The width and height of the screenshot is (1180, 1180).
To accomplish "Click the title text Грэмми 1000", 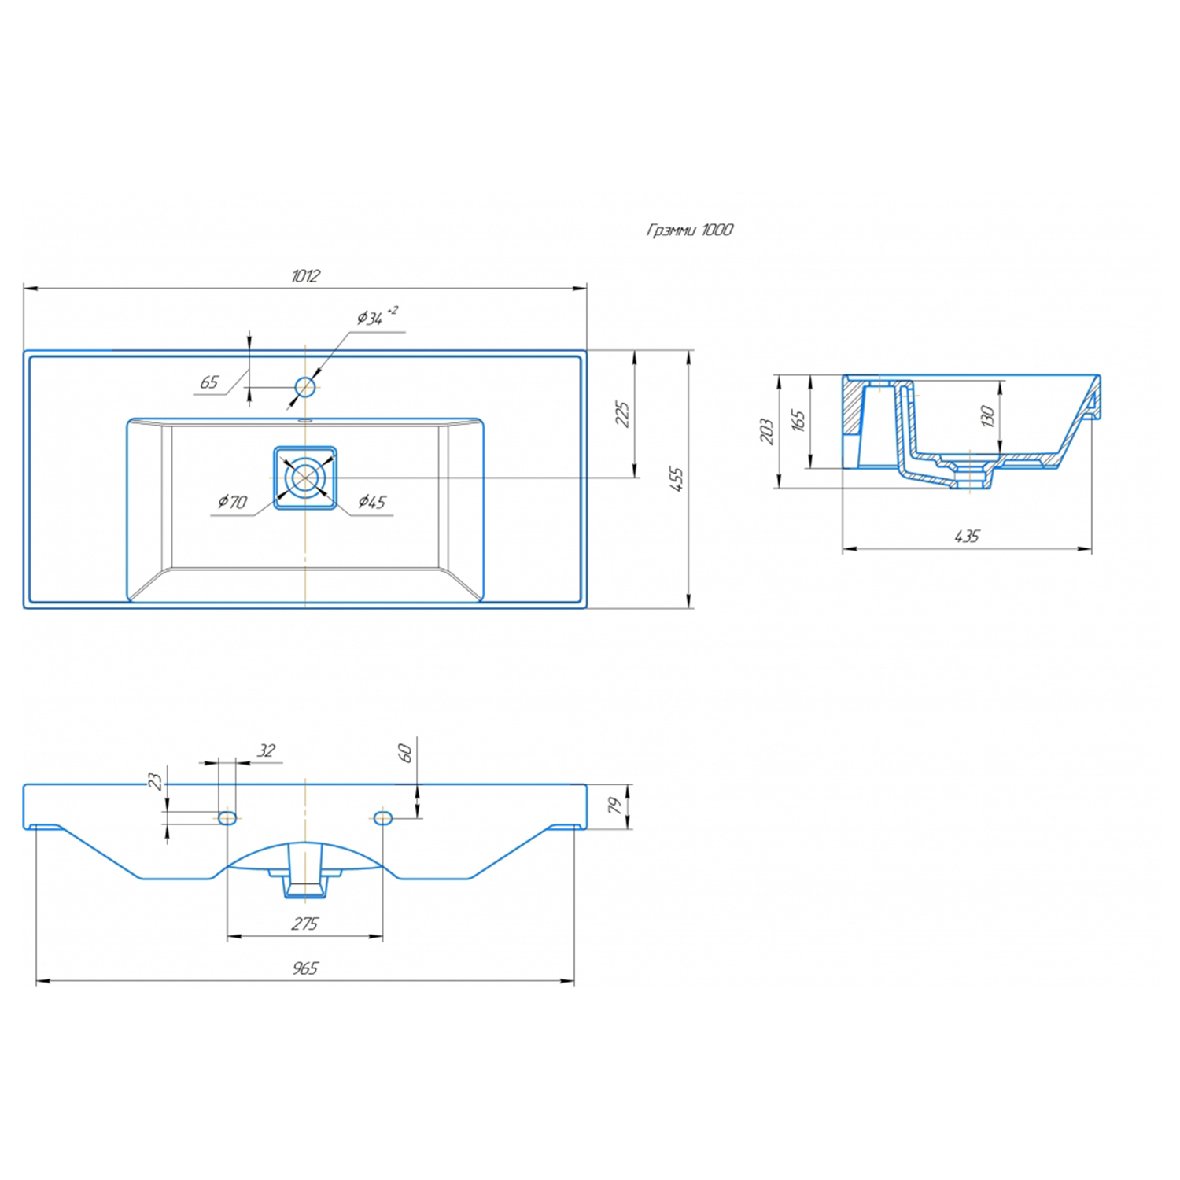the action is click(689, 230).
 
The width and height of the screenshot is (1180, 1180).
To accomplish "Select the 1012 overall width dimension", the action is click(305, 276).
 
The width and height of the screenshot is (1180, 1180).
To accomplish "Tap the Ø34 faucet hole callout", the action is click(377, 316).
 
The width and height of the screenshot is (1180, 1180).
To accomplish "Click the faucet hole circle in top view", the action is click(305, 386).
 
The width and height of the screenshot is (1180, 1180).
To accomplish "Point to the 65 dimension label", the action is click(209, 382).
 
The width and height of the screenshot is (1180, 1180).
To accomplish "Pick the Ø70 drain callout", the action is click(233, 501).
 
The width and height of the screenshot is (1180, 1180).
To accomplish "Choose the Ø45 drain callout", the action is click(372, 501).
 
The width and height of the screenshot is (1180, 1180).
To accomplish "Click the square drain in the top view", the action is click(305, 478).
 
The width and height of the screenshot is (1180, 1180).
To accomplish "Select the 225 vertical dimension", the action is click(622, 415).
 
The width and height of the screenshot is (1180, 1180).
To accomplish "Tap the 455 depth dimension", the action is click(677, 479).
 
